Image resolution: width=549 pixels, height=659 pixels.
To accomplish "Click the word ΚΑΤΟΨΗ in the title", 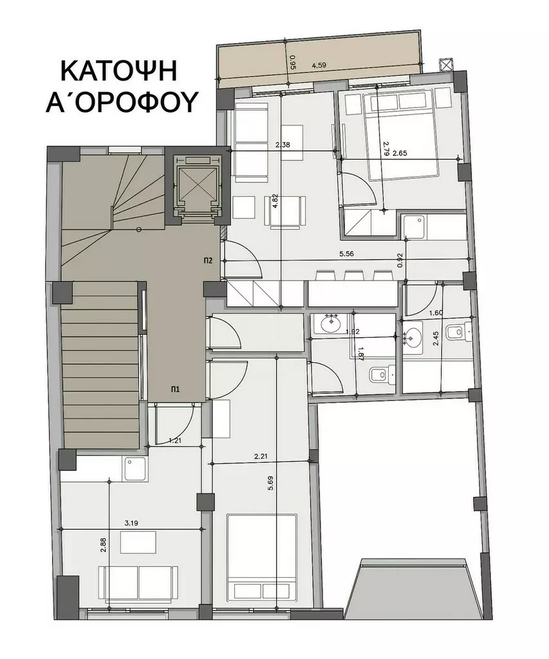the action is tap(119, 71).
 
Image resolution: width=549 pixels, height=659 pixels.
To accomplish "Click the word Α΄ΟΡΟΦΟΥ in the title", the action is tap(122, 102).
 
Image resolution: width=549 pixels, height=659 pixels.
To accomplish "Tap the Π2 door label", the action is tap(209, 261).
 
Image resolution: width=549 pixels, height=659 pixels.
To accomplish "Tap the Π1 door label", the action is tap(175, 389).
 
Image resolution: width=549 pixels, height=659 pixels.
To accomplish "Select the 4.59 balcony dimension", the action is tap(319, 65).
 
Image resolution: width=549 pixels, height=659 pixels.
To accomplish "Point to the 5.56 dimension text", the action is tap(347, 254).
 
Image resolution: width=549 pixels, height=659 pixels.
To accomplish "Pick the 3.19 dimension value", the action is tap(131, 523).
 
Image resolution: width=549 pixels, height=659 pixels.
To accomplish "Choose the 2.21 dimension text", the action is tap(261, 456).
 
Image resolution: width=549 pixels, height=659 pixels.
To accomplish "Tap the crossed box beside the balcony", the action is tap(445, 65).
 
